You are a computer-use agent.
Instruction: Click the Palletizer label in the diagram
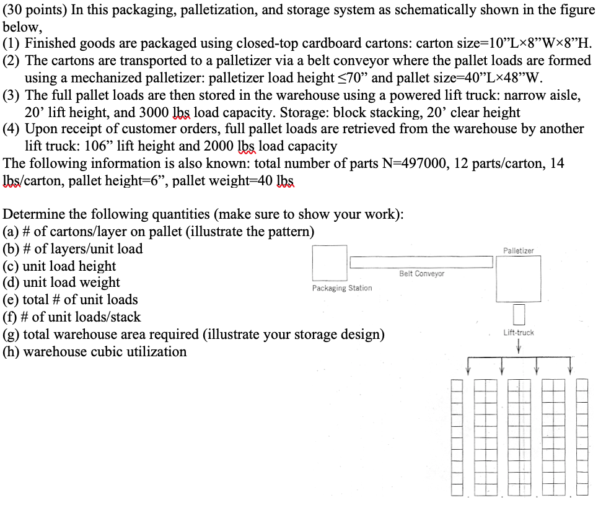click(518, 250)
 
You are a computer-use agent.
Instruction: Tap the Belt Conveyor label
click(421, 273)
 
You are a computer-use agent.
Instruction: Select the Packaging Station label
click(342, 288)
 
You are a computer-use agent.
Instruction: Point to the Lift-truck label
click(519, 333)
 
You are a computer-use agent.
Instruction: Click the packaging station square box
click(329, 263)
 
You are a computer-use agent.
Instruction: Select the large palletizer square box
click(518, 276)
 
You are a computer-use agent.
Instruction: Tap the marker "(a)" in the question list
click(11, 232)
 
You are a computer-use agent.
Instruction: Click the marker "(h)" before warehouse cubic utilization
click(11, 352)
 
